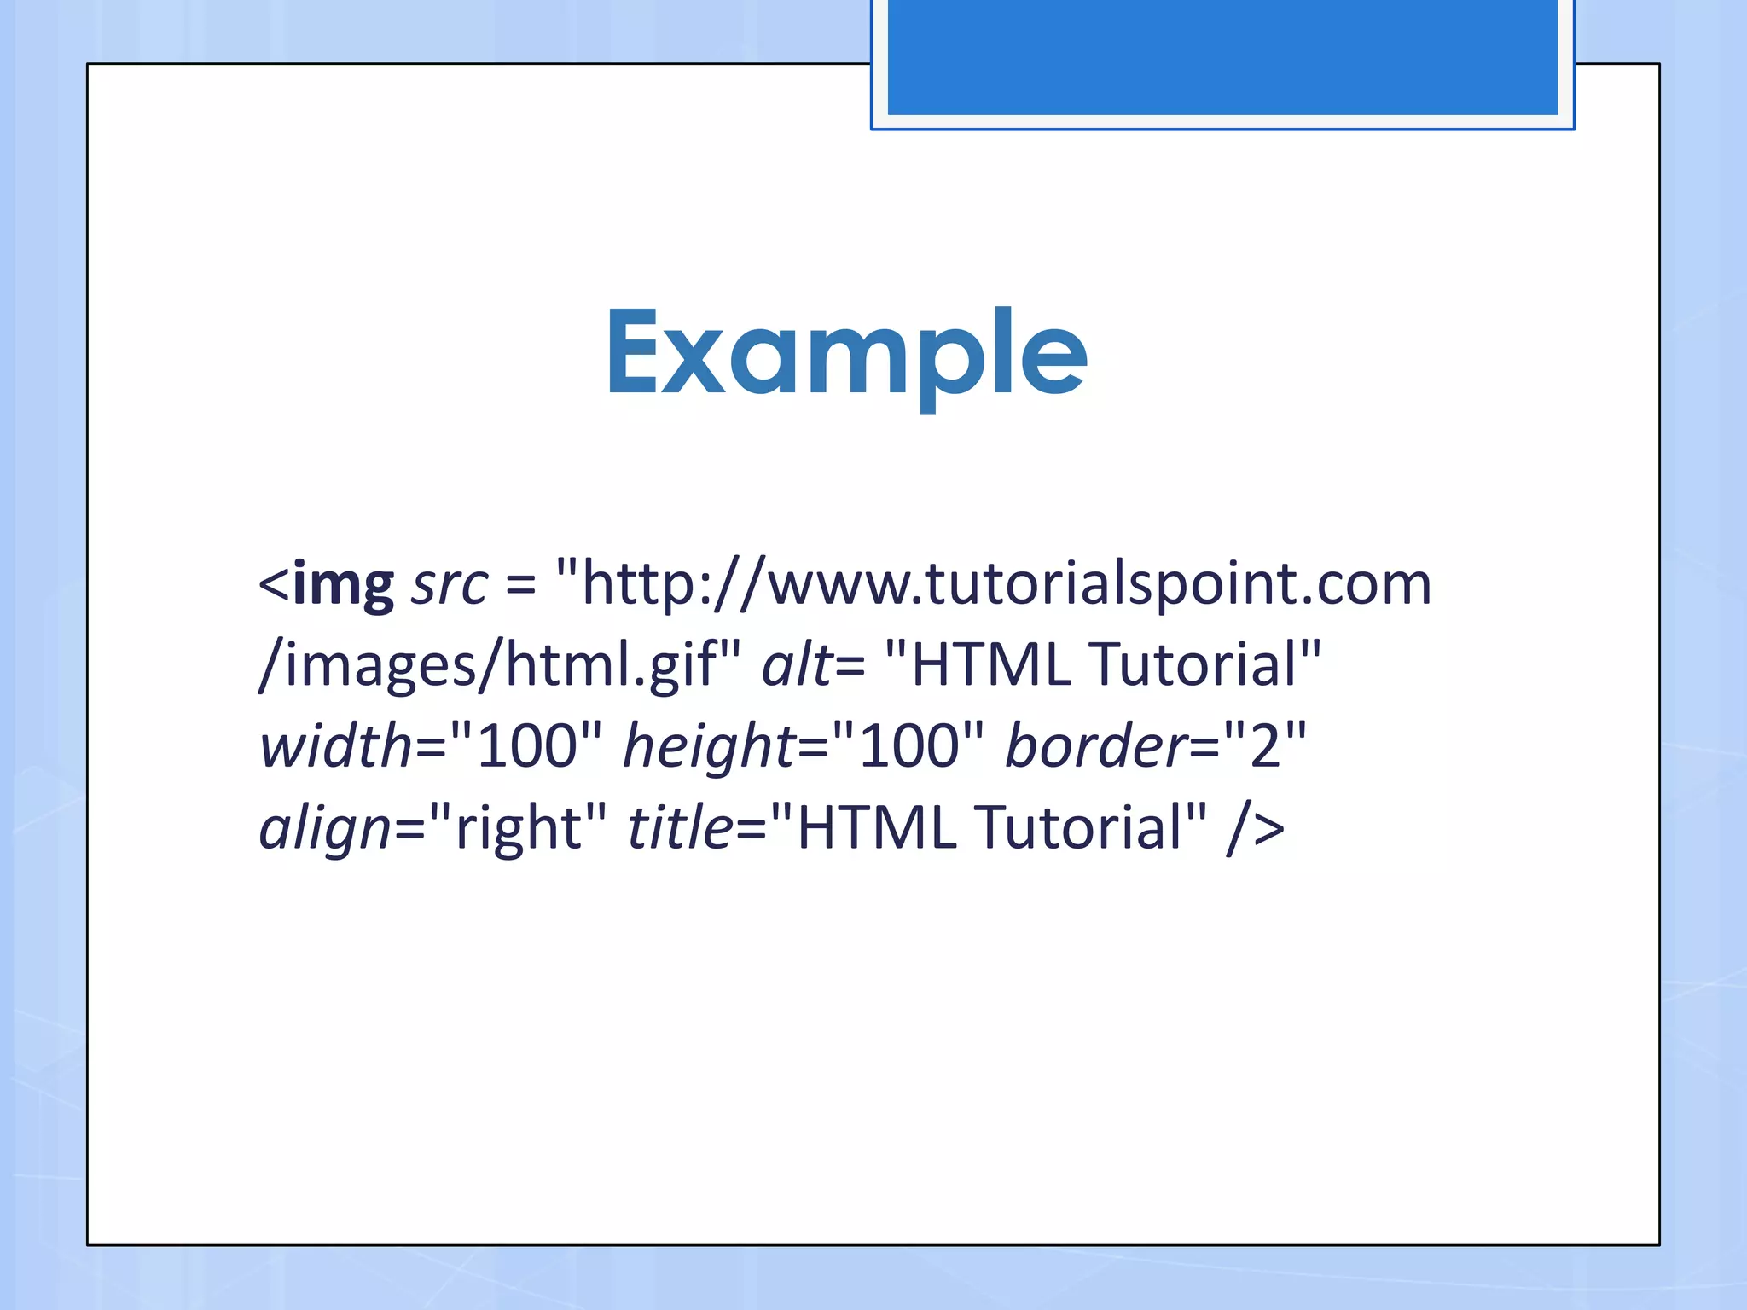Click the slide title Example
pyautogui.click(x=846, y=354)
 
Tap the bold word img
pyautogui.click(x=343, y=586)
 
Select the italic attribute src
pyautogui.click(x=450, y=586)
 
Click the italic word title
pyautogui.click(x=680, y=827)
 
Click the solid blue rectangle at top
pyautogui.click(x=1222, y=56)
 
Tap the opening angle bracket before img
pyautogui.click(x=274, y=586)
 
